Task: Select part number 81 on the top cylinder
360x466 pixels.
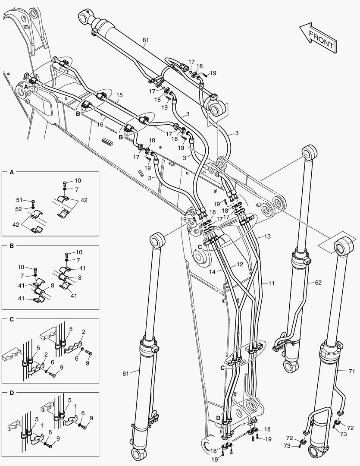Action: tap(145, 41)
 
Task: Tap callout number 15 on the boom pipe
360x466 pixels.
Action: tap(119, 94)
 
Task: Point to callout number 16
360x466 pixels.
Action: tap(100, 124)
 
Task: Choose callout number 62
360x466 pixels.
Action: tap(318, 283)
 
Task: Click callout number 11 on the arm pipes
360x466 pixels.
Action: tap(271, 283)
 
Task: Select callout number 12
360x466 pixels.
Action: tap(240, 264)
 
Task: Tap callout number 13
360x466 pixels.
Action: tap(267, 236)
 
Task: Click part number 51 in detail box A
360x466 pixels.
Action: tap(19, 200)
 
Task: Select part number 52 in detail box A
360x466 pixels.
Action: tap(19, 209)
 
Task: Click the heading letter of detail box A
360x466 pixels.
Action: tap(12, 173)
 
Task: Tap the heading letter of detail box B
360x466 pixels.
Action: tap(12, 246)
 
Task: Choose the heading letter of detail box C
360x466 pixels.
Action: tap(12, 320)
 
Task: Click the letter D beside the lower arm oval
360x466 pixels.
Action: tap(218, 418)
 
